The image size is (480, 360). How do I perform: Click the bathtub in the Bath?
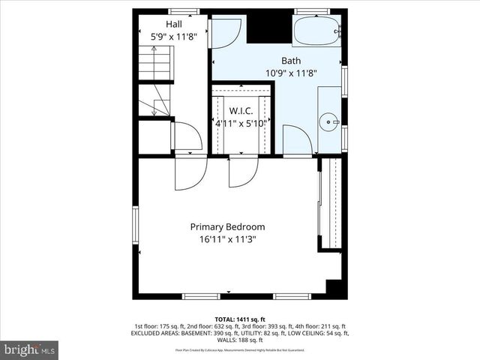pyautogui.click(x=316, y=32)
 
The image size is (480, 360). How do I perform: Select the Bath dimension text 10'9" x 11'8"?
pyautogui.click(x=291, y=73)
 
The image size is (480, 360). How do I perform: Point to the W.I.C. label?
pyautogui.click(x=241, y=111)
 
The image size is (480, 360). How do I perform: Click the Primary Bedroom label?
pyautogui.click(x=227, y=226)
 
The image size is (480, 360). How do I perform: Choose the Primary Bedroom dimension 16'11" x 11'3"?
pyautogui.click(x=227, y=240)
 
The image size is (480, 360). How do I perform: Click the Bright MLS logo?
pyautogui.click(x=31, y=349)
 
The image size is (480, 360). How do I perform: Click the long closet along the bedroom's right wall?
pyautogui.click(x=331, y=203)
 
